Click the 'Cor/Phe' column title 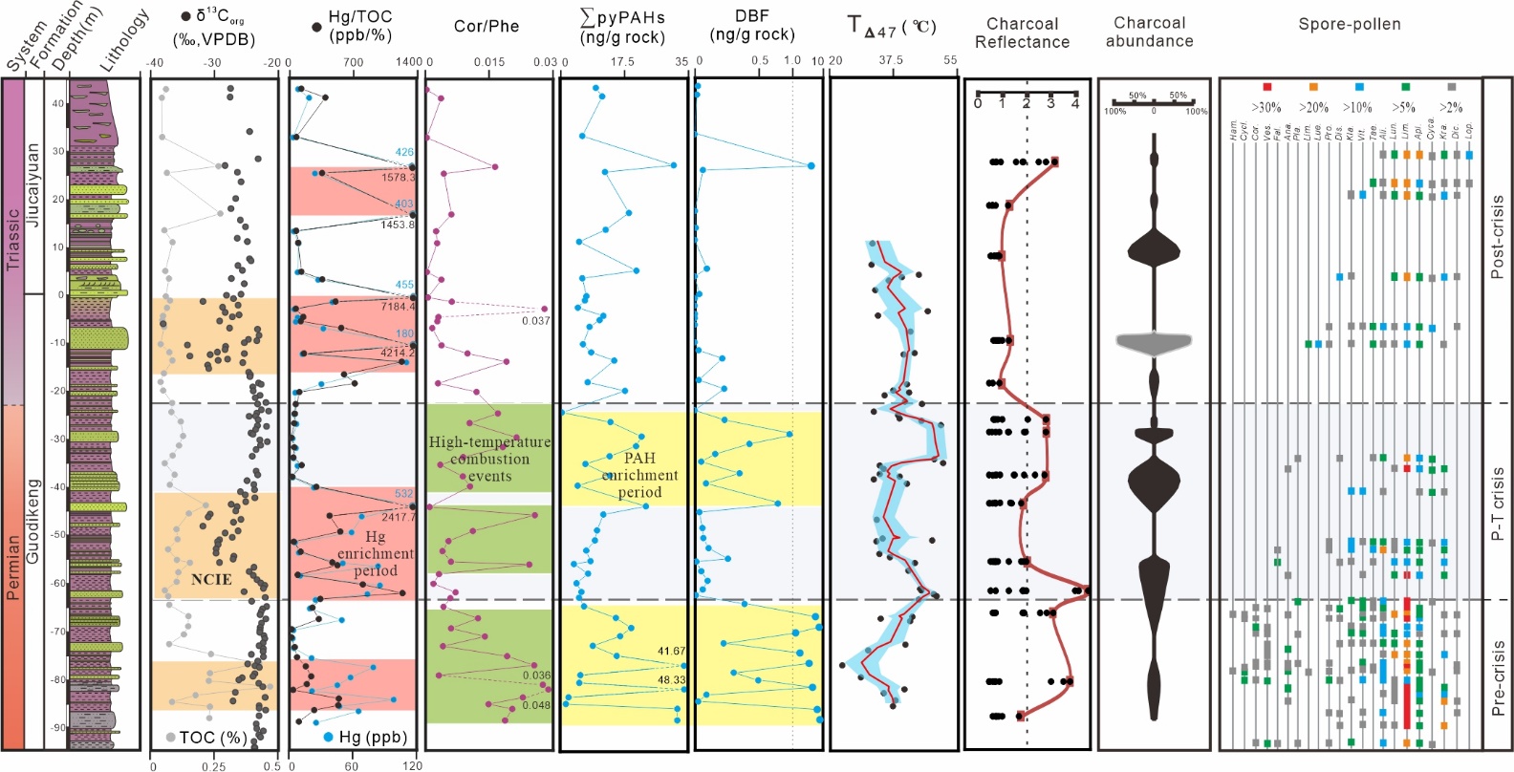487,27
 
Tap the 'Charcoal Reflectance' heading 1022,32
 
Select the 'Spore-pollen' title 1349,24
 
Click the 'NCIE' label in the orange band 211,579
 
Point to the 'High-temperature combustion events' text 489,459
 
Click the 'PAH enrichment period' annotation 639,475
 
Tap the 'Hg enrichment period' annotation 375,553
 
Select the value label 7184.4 398,307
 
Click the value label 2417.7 398,517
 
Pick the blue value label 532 404,494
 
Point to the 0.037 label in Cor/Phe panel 535,321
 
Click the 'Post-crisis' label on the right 1498,237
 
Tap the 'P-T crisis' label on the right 1498,504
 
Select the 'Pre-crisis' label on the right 1498,678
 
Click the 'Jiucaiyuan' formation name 33,184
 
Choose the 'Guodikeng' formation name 33,521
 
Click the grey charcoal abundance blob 1154,341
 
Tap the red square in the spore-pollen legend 1267,87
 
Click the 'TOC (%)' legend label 212,738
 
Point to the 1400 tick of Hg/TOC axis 408,62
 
